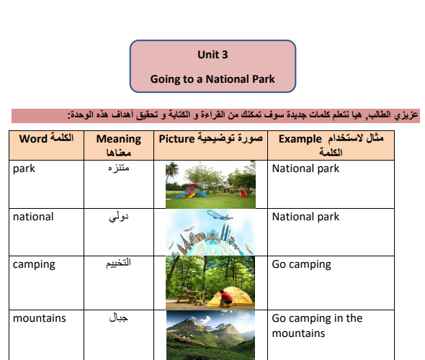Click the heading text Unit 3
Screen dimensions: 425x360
tap(212, 55)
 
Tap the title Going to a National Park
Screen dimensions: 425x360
tap(212, 79)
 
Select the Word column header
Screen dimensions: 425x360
tap(46, 138)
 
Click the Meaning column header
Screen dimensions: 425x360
tap(119, 145)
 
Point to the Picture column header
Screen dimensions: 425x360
tap(210, 138)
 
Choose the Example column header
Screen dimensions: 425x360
tap(331, 145)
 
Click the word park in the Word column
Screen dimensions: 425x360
tap(24, 168)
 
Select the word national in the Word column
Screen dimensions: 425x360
tap(33, 217)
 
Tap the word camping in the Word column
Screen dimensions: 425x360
tap(34, 265)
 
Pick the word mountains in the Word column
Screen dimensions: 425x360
tap(40, 318)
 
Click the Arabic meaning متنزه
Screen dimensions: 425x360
tap(118, 168)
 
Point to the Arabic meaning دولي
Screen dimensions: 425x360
tap(118, 217)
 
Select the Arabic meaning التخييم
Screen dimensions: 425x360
tap(118, 263)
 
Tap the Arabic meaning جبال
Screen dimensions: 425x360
tap(118, 318)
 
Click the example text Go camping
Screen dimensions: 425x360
tap(301, 265)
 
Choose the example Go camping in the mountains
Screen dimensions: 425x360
tap(317, 325)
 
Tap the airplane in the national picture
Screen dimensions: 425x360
tap(220, 215)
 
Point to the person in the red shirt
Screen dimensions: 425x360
tap(225, 299)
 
